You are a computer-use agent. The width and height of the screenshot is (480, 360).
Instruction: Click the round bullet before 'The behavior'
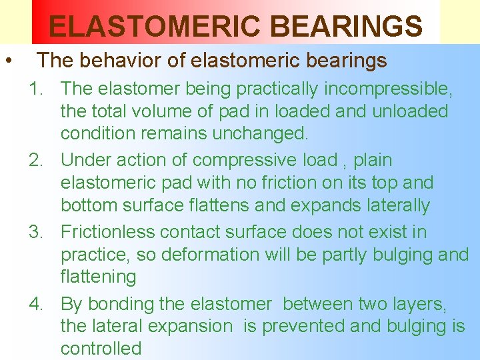tap(7, 61)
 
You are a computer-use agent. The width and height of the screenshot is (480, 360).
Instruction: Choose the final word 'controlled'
tap(101, 349)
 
